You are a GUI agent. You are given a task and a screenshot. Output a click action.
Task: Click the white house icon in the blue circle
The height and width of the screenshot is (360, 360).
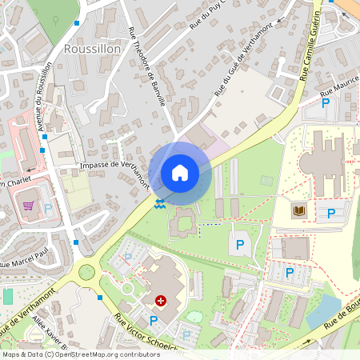coord(180,173)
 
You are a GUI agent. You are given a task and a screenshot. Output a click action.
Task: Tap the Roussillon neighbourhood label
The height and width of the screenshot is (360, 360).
coord(91,49)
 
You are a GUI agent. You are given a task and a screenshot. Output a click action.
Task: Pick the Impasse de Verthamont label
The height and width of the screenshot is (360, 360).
coord(114,170)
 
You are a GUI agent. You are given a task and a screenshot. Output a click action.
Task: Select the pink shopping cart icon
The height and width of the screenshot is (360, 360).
coord(29,206)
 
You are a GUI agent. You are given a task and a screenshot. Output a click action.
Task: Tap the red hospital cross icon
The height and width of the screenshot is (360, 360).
coord(161,301)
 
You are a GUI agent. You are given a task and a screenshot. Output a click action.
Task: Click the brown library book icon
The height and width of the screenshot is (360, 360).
coord(300,210)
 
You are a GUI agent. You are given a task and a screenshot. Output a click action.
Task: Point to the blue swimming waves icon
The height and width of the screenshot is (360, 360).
coord(161,203)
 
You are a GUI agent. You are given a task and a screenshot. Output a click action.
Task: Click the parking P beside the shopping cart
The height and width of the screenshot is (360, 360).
coord(48,209)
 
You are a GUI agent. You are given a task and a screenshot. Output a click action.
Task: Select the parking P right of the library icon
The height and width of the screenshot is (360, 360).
coord(331,214)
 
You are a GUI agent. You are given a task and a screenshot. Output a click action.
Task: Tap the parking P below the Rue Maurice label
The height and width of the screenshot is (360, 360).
coord(326,104)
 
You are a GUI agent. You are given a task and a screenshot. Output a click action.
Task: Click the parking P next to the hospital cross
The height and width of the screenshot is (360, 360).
coord(153,320)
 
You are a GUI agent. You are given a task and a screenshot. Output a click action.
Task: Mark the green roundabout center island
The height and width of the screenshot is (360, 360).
coord(86,273)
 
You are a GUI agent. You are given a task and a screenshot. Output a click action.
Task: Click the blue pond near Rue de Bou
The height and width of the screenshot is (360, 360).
coord(325,310)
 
